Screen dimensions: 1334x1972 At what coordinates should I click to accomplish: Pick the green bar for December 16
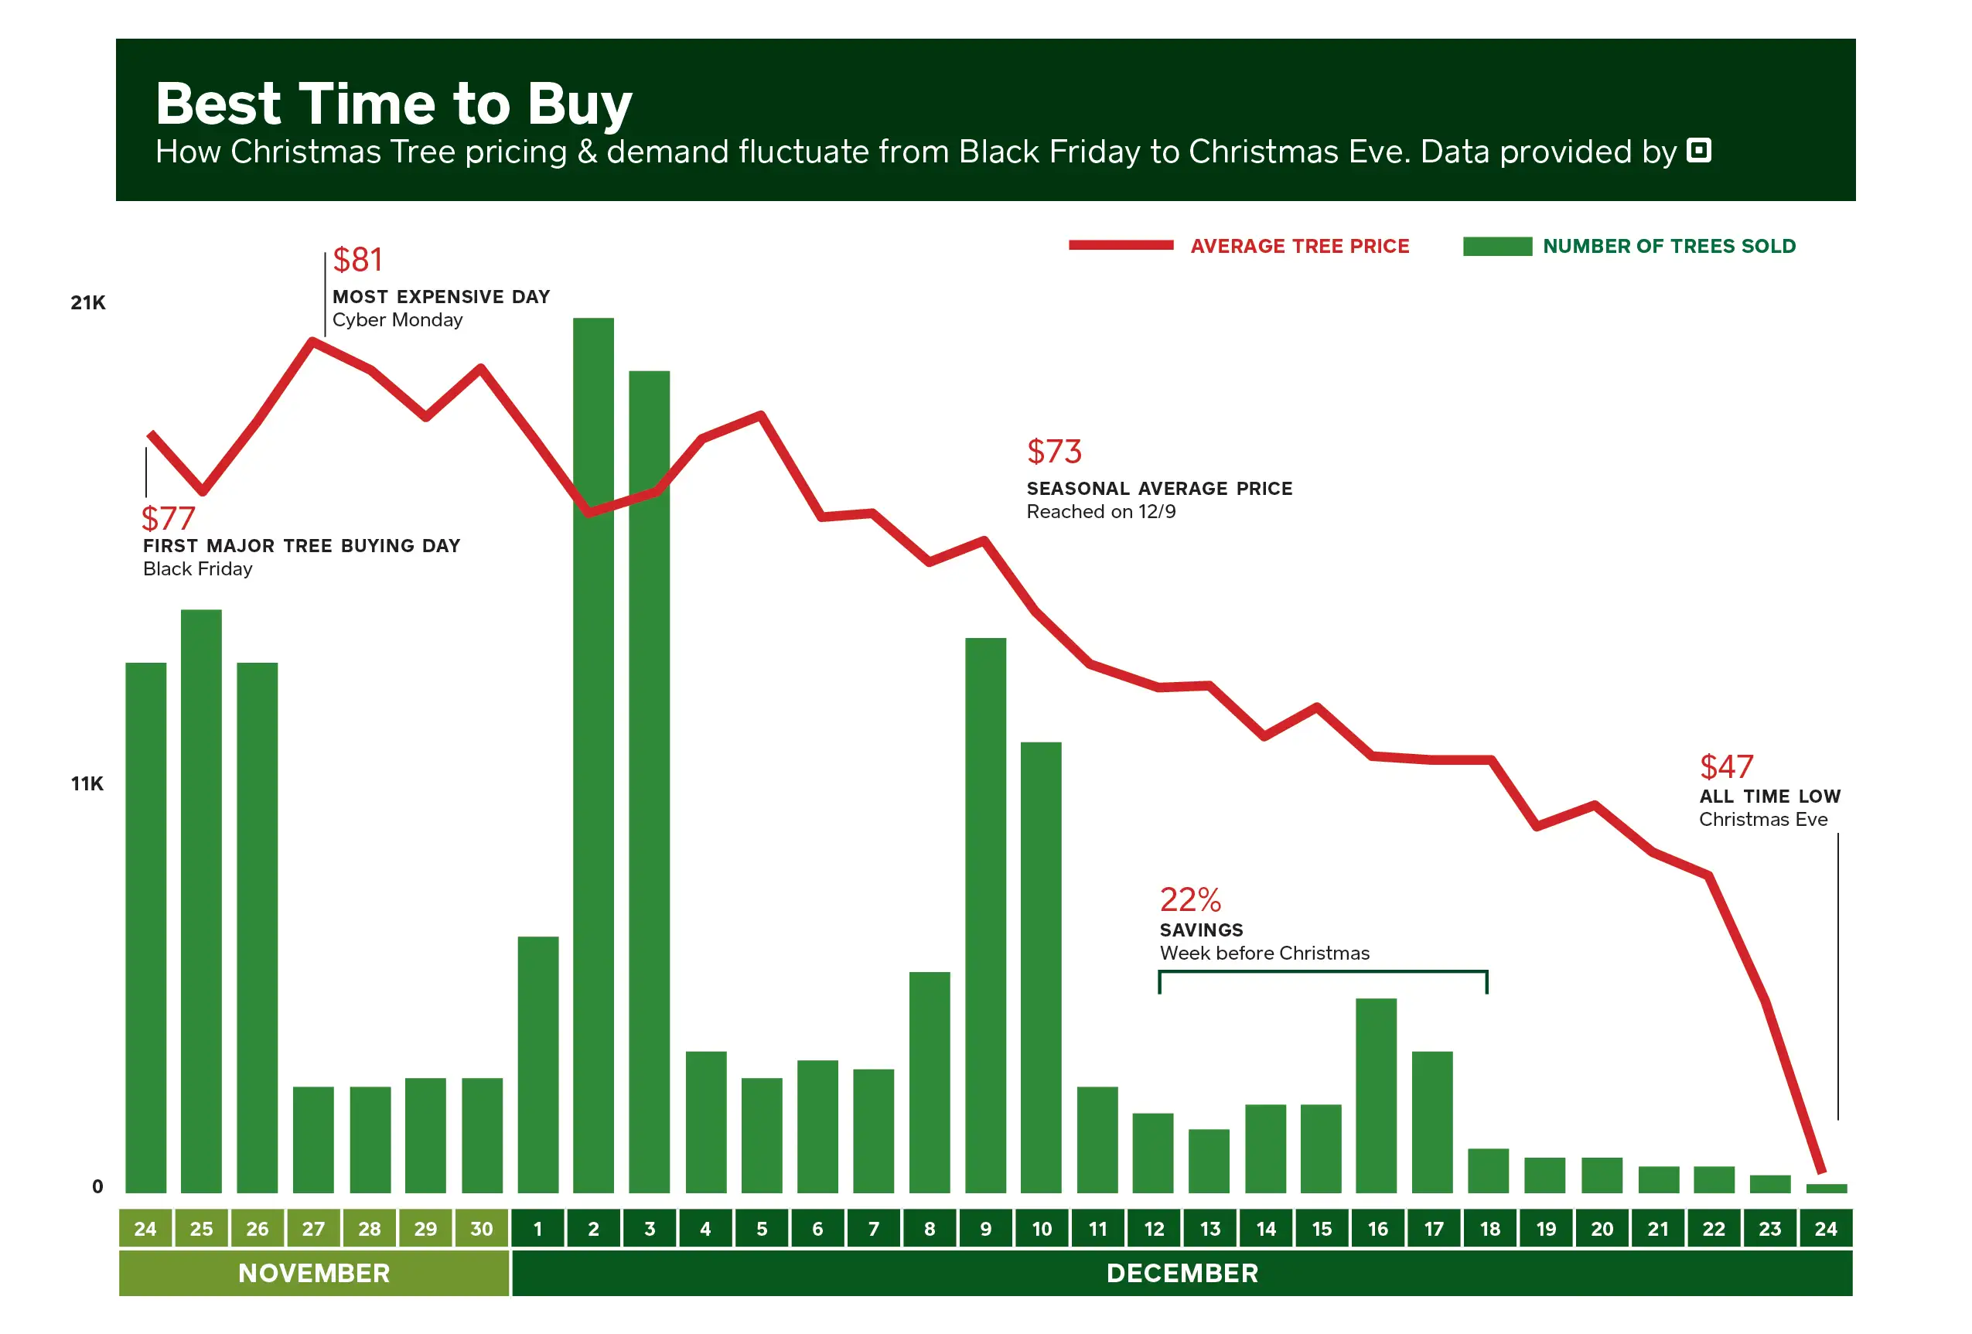coord(1376,1096)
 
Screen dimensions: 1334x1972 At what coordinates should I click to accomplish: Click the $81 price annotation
coord(357,260)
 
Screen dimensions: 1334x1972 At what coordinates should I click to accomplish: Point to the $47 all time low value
coord(1726,766)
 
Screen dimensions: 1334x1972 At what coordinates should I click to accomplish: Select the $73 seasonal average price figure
coord(1054,452)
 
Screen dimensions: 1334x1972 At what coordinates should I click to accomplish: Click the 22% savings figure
coord(1189,899)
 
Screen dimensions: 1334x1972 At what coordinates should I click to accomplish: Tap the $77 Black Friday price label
coord(168,517)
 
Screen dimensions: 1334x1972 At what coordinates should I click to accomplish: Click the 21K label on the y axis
coord(88,303)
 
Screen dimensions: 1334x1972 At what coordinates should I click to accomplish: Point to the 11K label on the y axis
coord(87,783)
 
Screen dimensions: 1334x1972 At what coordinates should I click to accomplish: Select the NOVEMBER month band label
coord(314,1273)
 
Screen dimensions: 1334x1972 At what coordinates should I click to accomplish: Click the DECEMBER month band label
coord(1182,1273)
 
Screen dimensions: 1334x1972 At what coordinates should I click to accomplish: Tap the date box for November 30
coord(481,1228)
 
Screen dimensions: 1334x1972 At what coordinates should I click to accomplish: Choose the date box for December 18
coord(1489,1228)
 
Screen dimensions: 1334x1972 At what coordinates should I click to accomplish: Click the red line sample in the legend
coord(1120,245)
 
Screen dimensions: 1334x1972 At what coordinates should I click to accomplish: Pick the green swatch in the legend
coord(1497,246)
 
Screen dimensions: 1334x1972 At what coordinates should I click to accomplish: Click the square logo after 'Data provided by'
coord(1699,150)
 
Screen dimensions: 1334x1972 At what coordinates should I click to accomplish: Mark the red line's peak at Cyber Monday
coord(313,340)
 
